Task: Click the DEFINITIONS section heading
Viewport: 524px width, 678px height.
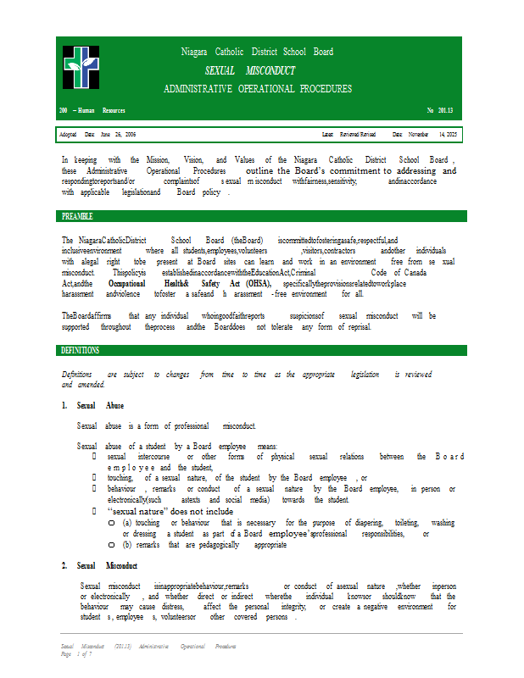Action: (81, 350)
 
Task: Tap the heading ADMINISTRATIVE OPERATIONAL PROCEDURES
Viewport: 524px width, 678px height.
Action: (258, 89)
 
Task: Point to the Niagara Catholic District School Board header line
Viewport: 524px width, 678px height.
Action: (257, 52)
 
